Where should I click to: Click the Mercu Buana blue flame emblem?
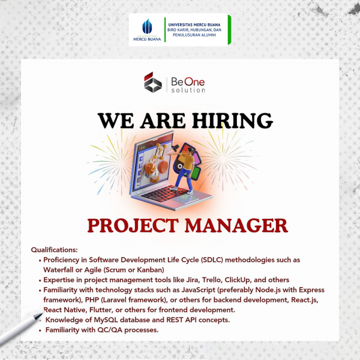coord(147,26)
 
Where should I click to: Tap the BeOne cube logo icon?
coord(152,82)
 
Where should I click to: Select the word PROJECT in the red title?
coord(133,226)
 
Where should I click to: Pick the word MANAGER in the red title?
coord(236,226)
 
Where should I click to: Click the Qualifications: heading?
coord(55,250)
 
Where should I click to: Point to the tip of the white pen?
coord(43,313)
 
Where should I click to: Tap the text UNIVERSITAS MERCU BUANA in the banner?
coord(194,25)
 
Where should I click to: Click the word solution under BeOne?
coord(188,90)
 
